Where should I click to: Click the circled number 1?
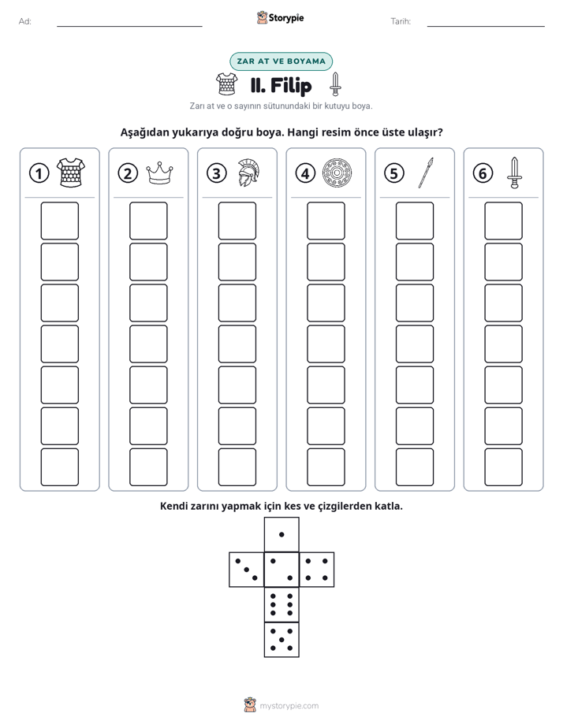coord(39,173)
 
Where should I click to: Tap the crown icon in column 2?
coord(159,173)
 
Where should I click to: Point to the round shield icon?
coord(337,173)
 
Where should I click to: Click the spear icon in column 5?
coord(426,173)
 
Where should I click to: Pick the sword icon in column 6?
coord(514,173)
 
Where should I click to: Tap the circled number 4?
coord(305,173)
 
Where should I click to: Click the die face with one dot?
coord(281,534)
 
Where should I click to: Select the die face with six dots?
coord(281,604)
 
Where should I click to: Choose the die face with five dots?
coord(281,640)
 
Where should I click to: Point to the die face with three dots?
coord(247,570)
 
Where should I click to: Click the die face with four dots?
coord(317,570)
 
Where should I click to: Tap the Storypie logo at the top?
coord(280,17)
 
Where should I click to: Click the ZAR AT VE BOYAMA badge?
coord(281,61)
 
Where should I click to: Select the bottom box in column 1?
coord(59,467)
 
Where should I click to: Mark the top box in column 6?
coord(503,221)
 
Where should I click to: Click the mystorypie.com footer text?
coord(289,706)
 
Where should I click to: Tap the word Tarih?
coord(401,21)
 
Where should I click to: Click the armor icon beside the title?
coord(226,84)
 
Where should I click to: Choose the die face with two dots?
coord(281,570)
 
